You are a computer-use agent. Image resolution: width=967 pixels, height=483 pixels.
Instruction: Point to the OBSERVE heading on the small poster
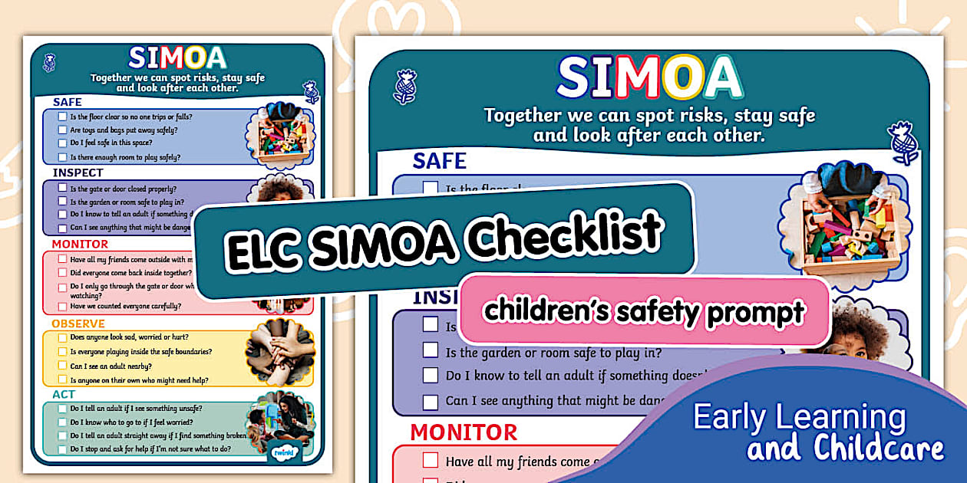pyautogui.click(x=78, y=324)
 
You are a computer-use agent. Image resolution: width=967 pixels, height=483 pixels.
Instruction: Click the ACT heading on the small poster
pyautogui.click(x=64, y=394)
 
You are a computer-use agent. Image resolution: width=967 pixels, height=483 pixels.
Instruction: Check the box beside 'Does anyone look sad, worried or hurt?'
pyautogui.click(x=62, y=337)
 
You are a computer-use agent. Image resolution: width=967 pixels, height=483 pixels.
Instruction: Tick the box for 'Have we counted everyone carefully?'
pyautogui.click(x=62, y=307)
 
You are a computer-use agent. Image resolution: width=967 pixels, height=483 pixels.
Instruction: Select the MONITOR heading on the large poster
pyautogui.click(x=464, y=432)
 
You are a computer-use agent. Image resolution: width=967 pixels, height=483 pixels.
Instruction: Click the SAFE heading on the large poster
pyautogui.click(x=439, y=160)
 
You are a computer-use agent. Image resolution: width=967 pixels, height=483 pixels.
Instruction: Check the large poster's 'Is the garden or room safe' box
pyautogui.click(x=431, y=351)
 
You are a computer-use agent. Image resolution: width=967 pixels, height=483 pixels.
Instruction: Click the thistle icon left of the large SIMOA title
pyautogui.click(x=404, y=86)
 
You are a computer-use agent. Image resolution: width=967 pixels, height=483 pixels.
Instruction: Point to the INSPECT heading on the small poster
pyautogui.click(x=78, y=173)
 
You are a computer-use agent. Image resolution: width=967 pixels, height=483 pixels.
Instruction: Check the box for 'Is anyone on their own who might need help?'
pyautogui.click(x=62, y=379)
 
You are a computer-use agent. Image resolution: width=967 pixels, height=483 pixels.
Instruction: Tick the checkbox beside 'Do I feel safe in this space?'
pyautogui.click(x=62, y=143)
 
